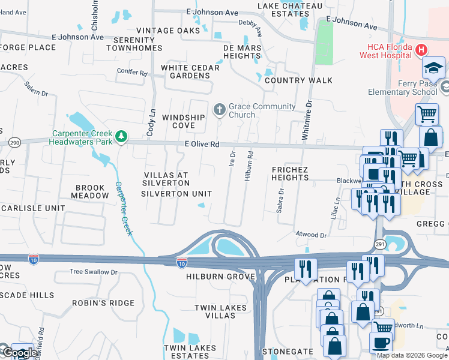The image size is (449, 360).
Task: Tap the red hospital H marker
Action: coord(421,50)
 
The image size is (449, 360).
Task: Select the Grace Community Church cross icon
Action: coord(219,110)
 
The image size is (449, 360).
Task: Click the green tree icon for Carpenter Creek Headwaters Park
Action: coord(121,137)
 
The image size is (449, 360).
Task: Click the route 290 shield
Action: coord(15,142)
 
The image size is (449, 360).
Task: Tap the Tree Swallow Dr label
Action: coord(93,272)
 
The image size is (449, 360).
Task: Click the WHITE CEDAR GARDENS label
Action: coord(190,72)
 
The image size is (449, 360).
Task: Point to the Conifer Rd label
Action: coord(132,73)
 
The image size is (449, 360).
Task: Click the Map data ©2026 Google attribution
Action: coord(412,355)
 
